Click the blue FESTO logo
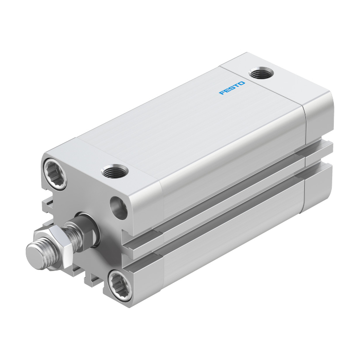[232, 88]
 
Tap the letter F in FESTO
[222, 93]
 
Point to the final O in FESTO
[242, 83]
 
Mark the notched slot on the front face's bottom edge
[93, 278]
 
